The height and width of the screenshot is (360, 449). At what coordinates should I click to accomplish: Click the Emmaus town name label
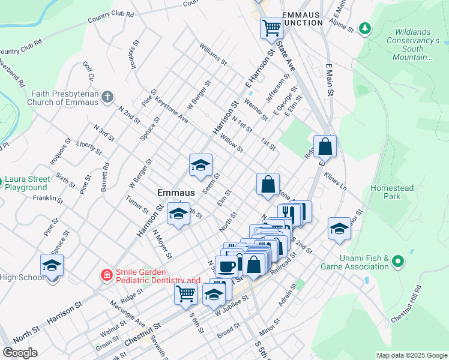[x=176, y=193]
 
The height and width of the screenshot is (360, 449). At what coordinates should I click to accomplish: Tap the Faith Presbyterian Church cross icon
[x=107, y=97]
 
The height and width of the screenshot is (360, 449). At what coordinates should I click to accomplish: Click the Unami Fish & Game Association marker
[x=397, y=262]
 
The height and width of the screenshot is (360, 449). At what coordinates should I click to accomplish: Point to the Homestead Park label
[x=393, y=192]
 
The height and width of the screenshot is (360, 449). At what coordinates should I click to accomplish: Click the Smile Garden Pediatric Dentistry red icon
[x=106, y=275]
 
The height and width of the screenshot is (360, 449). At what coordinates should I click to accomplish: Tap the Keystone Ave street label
[x=172, y=111]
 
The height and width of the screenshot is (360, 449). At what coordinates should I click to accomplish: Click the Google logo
[x=20, y=353]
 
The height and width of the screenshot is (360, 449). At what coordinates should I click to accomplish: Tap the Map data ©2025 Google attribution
[x=411, y=355]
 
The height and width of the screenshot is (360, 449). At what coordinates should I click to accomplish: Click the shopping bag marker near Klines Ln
[x=325, y=146]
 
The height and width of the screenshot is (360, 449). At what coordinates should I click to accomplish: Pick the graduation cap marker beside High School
[x=52, y=265]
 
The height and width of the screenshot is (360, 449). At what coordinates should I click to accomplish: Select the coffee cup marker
[x=226, y=266]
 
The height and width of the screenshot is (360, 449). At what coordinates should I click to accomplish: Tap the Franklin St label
[x=48, y=197]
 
